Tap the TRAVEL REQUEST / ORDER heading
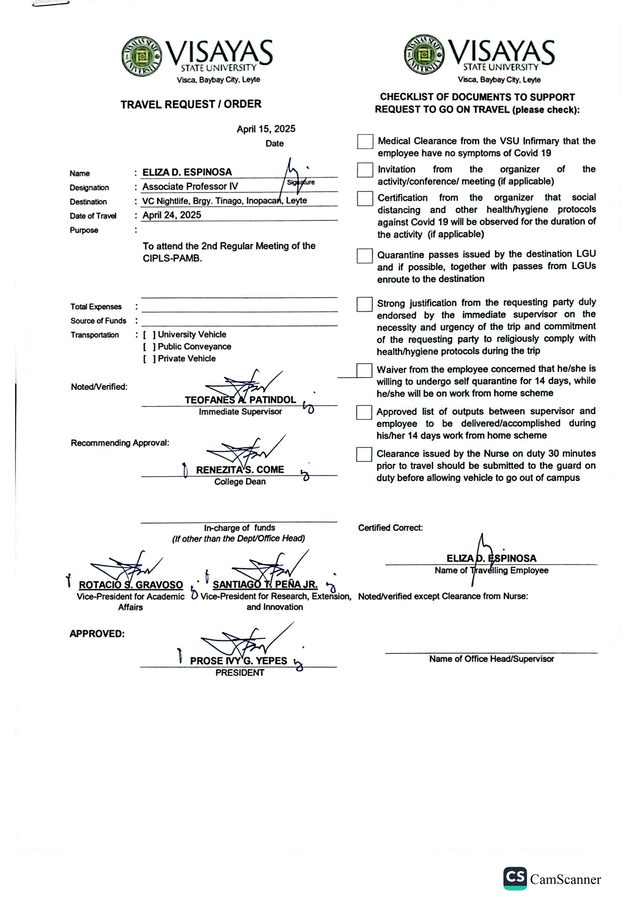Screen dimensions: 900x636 pyautogui.click(x=191, y=104)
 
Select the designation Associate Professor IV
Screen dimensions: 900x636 pyautogui.click(x=190, y=186)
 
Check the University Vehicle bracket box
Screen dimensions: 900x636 pyautogui.click(x=149, y=335)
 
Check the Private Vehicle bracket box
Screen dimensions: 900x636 pyautogui.click(x=149, y=359)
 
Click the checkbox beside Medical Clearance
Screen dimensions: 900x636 pyautogui.click(x=365, y=142)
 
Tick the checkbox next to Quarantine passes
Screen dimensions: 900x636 pyautogui.click(x=364, y=255)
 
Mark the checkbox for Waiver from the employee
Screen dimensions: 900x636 pyautogui.click(x=364, y=370)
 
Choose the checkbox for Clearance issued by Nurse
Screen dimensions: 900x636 pyautogui.click(x=364, y=454)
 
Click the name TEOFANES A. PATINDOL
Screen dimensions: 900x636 pyautogui.click(x=240, y=400)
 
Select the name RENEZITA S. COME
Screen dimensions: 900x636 pyautogui.click(x=240, y=470)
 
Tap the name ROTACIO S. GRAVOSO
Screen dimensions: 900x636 pyautogui.click(x=131, y=585)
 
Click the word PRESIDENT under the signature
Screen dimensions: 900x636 pyautogui.click(x=240, y=673)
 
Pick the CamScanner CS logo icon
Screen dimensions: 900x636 pyautogui.click(x=515, y=878)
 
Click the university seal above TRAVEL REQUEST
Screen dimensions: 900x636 pyautogui.click(x=142, y=56)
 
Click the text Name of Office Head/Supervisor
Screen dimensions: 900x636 pyautogui.click(x=491, y=659)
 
